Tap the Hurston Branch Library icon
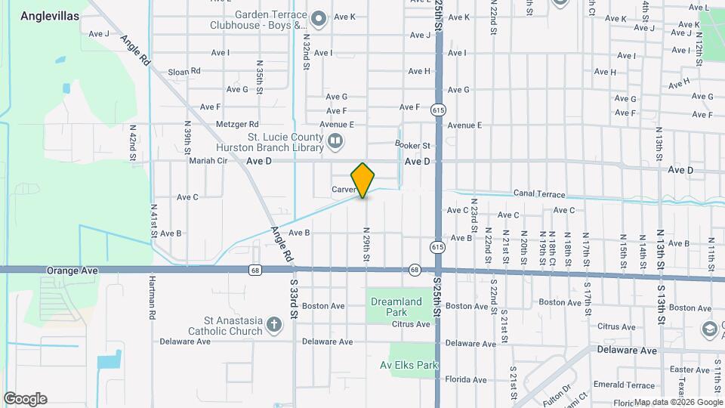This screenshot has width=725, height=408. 335,141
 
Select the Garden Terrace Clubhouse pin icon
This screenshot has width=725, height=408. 319,19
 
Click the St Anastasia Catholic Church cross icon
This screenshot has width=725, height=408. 273,326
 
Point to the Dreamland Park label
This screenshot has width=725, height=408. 396,307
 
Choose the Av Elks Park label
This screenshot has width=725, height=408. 409,365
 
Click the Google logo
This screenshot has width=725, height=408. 25,398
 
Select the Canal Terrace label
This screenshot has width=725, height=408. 539,194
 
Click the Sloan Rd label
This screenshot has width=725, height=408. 184,71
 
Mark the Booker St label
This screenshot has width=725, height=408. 412,145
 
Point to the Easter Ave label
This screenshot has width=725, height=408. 690,369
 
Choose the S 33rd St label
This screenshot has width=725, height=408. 294,302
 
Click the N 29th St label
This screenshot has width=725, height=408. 366,246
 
